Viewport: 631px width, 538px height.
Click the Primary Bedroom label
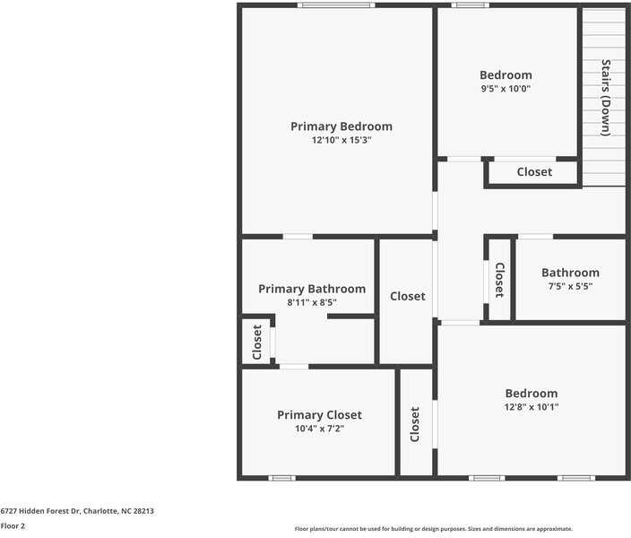pos(341,126)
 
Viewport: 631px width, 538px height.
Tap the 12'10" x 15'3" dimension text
pos(341,140)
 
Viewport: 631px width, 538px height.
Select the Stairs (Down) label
pos(606,98)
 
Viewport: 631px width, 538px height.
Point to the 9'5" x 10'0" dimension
pos(506,89)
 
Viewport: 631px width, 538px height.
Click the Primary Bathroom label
pos(312,289)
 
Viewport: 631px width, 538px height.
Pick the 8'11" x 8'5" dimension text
pos(312,302)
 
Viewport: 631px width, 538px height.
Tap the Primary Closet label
pos(319,415)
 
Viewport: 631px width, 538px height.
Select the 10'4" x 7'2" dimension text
pos(319,429)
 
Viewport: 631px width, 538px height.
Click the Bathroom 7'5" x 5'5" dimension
pos(570,286)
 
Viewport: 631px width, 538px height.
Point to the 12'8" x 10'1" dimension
pos(532,407)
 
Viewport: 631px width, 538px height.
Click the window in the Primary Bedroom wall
pos(336,5)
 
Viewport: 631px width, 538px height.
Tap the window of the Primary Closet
pos(281,478)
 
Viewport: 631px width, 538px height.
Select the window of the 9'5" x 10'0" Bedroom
pos(470,5)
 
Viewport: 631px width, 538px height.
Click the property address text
pos(77,511)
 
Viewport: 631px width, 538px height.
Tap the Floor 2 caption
pos(13,526)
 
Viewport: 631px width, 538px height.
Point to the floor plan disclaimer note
pos(434,529)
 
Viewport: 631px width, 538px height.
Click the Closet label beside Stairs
pos(534,172)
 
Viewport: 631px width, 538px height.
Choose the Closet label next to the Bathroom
pos(500,280)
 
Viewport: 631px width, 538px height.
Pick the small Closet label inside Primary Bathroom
pos(256,342)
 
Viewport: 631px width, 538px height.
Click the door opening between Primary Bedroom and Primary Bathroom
pos(298,237)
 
